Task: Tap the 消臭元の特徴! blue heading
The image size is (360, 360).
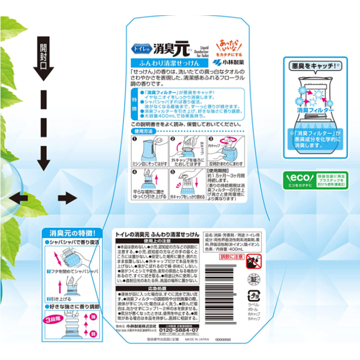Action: [x=68, y=233]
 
